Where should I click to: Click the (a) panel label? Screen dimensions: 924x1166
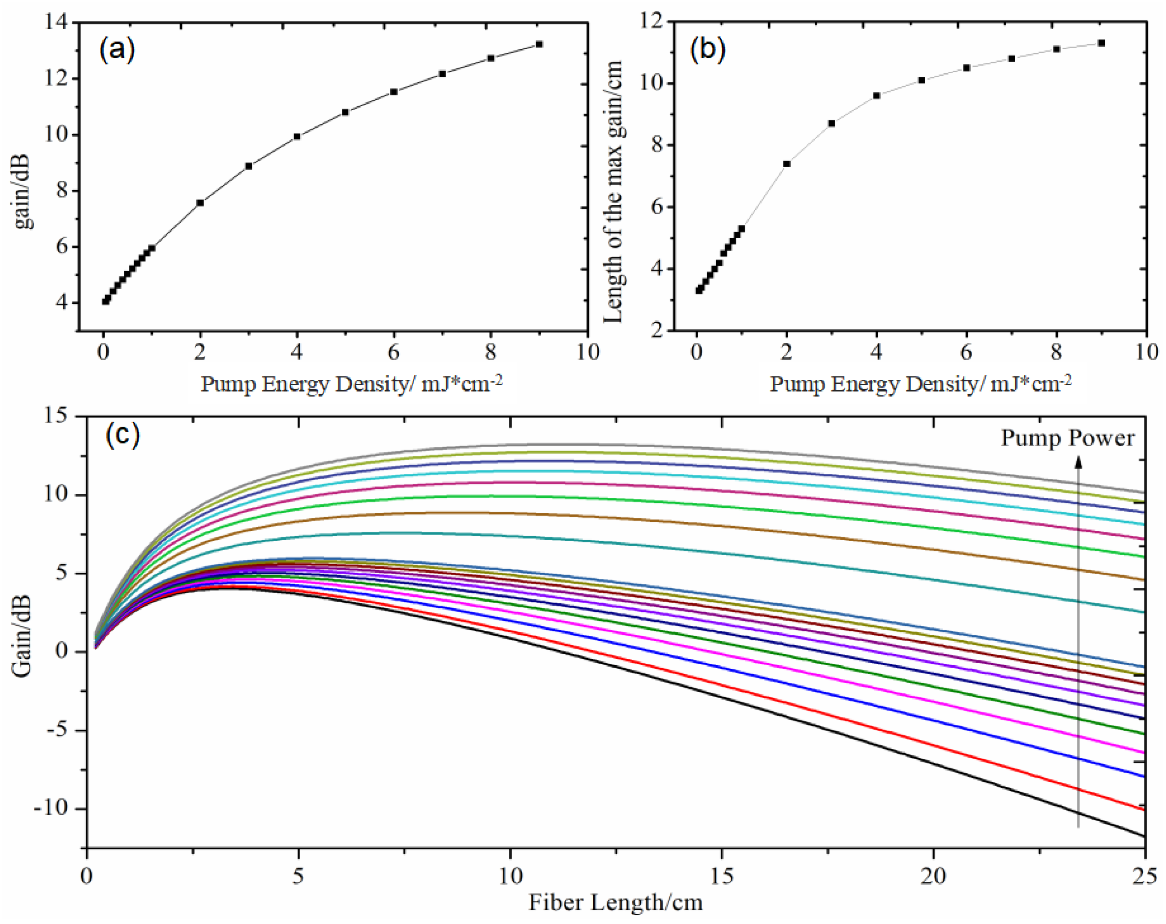click(117, 50)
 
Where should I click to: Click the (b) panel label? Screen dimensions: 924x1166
click(707, 49)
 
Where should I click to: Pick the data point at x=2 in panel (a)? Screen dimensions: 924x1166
click(200, 203)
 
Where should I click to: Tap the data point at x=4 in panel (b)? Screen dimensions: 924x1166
click(877, 96)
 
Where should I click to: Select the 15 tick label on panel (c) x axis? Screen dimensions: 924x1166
click(721, 876)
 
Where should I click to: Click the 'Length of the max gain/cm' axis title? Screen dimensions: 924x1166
click(613, 192)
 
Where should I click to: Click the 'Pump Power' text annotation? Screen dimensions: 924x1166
click(1067, 438)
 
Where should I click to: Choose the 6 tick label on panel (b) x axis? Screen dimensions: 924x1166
click(966, 353)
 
